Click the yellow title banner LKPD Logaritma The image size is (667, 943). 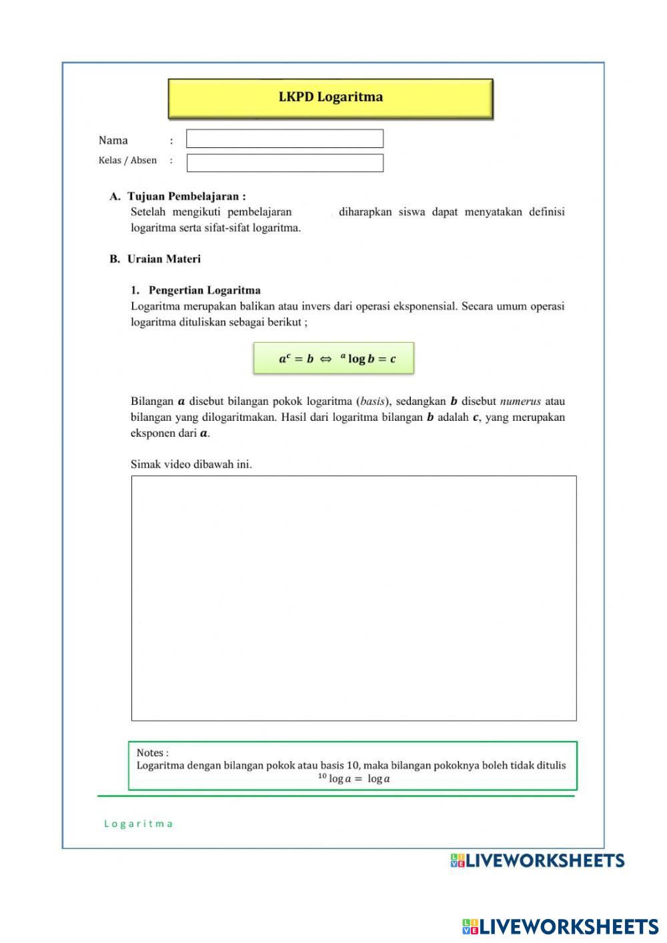[x=330, y=98]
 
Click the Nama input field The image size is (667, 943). [x=285, y=139]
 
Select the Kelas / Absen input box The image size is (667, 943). [x=285, y=163]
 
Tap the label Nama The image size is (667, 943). [x=113, y=140]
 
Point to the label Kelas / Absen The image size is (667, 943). [x=127, y=160]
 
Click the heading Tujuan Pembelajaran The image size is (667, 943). [x=186, y=196]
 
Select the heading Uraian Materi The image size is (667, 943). [x=163, y=259]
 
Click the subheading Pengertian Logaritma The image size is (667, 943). [x=204, y=290]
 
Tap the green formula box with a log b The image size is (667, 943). [x=333, y=358]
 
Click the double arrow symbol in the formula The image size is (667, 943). [x=325, y=359]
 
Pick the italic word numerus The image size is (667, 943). [x=520, y=401]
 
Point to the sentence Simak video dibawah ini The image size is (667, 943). [x=191, y=464]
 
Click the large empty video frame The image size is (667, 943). [x=354, y=598]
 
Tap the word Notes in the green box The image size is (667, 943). [x=151, y=752]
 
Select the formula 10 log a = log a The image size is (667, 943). [x=354, y=778]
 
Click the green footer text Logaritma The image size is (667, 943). [x=139, y=824]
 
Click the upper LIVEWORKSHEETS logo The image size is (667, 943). [x=538, y=860]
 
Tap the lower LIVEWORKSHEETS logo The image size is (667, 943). [x=560, y=926]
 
